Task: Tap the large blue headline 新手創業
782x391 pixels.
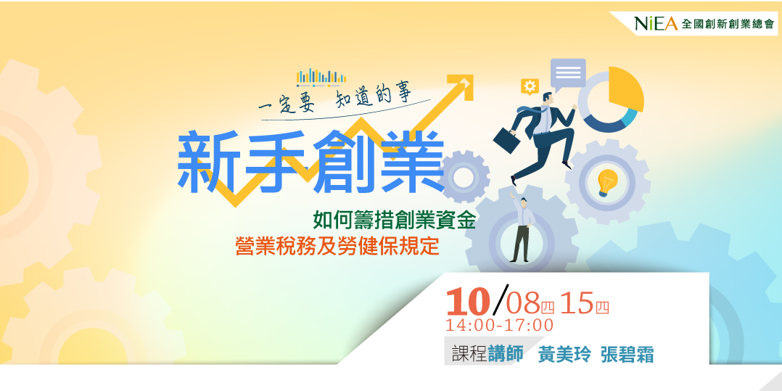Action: pyautogui.click(x=310, y=163)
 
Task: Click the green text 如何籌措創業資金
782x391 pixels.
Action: pyautogui.click(x=394, y=220)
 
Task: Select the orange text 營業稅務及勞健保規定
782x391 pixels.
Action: pyautogui.click(x=337, y=246)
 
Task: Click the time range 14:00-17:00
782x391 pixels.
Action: pyautogui.click(x=500, y=325)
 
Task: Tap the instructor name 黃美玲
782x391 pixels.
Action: pyautogui.click(x=564, y=355)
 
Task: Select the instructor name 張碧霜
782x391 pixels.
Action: pyautogui.click(x=627, y=355)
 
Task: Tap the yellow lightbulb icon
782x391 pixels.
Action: pyautogui.click(x=606, y=182)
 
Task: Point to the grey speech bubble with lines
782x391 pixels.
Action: pyautogui.click(x=568, y=73)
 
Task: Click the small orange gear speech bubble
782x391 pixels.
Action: pyautogui.click(x=530, y=87)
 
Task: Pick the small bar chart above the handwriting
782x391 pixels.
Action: pyautogui.click(x=321, y=76)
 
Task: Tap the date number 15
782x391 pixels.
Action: pyautogui.click(x=577, y=303)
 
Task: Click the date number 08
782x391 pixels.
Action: pyautogui.click(x=523, y=303)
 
